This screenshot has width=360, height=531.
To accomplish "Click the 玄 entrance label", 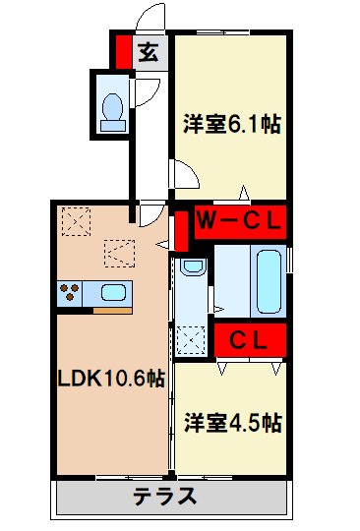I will pos(148,53).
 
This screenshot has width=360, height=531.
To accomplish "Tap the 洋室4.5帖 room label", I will pos(233,423).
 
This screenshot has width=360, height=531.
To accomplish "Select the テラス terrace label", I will pos(172,496).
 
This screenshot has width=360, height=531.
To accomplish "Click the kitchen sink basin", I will pos(110,292).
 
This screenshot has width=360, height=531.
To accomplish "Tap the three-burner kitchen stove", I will pos(71,292).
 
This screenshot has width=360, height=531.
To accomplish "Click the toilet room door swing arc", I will pos(143,90).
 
